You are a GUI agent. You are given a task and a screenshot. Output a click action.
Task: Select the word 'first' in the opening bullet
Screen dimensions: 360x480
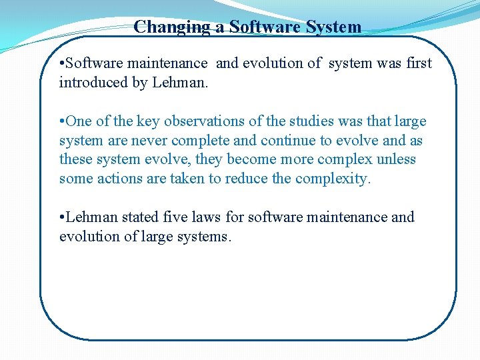click(x=418, y=63)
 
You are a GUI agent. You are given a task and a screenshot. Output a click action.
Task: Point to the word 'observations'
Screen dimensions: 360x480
click(x=210, y=121)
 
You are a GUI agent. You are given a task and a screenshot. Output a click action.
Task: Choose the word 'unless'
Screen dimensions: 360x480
click(x=397, y=159)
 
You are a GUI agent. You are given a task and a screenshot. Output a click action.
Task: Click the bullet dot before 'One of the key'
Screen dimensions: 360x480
click(x=61, y=121)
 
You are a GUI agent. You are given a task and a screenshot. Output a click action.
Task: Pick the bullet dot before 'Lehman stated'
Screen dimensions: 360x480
click(x=61, y=217)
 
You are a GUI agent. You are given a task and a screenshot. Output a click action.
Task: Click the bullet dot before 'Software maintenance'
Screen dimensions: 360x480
click(x=61, y=63)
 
